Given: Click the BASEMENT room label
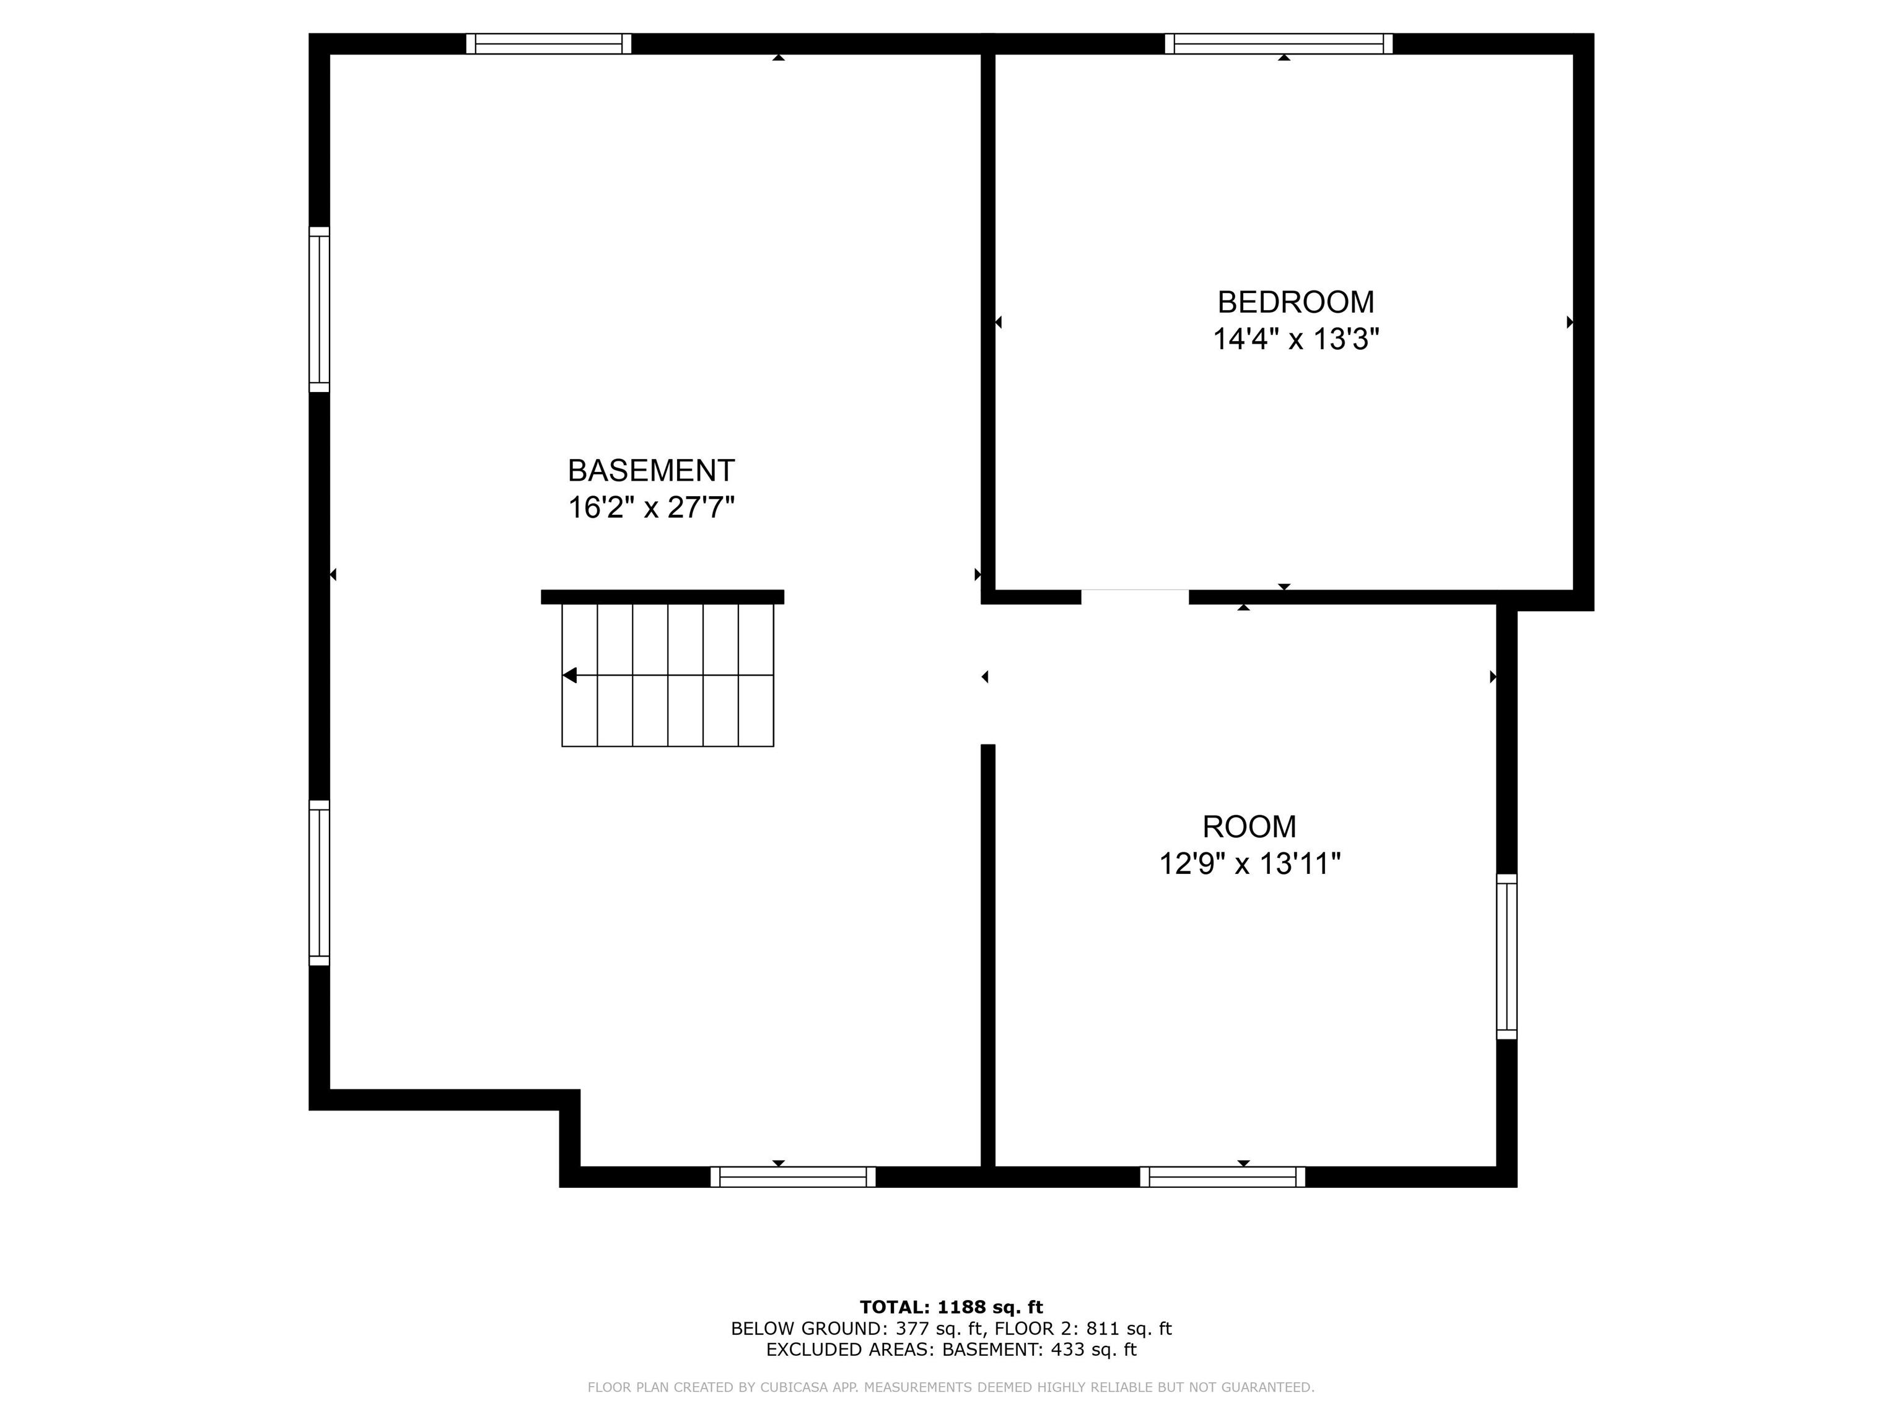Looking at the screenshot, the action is tap(651, 471).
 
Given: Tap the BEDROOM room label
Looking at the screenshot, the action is tap(1296, 302).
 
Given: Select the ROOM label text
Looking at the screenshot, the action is tap(1249, 827).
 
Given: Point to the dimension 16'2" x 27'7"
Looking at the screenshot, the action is tap(651, 507).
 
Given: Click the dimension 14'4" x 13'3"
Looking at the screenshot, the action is tap(1296, 339).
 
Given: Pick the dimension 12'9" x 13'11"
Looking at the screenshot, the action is tap(1249, 863).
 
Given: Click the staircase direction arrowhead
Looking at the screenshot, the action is tap(569, 675).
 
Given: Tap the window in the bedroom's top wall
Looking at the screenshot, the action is tap(1279, 44).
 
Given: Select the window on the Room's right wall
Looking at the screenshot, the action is tap(1507, 956).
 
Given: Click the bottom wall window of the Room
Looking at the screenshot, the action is tap(1222, 1177).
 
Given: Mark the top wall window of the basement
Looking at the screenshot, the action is tap(549, 44).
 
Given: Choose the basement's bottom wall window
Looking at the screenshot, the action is tap(793, 1177).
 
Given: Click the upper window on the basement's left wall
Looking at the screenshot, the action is tap(319, 310).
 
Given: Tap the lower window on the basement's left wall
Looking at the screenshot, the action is tap(319, 883).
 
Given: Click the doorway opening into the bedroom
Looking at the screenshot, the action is tap(1135, 597).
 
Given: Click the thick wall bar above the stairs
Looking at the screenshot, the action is tap(662, 597).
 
